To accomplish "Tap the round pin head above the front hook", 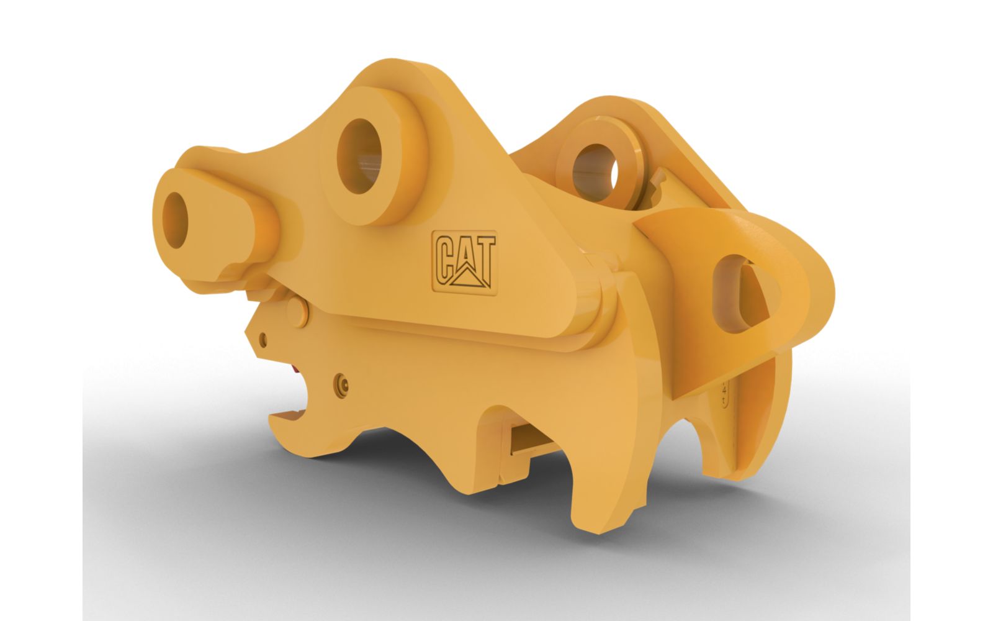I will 298,314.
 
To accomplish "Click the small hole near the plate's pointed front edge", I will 263,339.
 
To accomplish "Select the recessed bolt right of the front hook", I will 341,385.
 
